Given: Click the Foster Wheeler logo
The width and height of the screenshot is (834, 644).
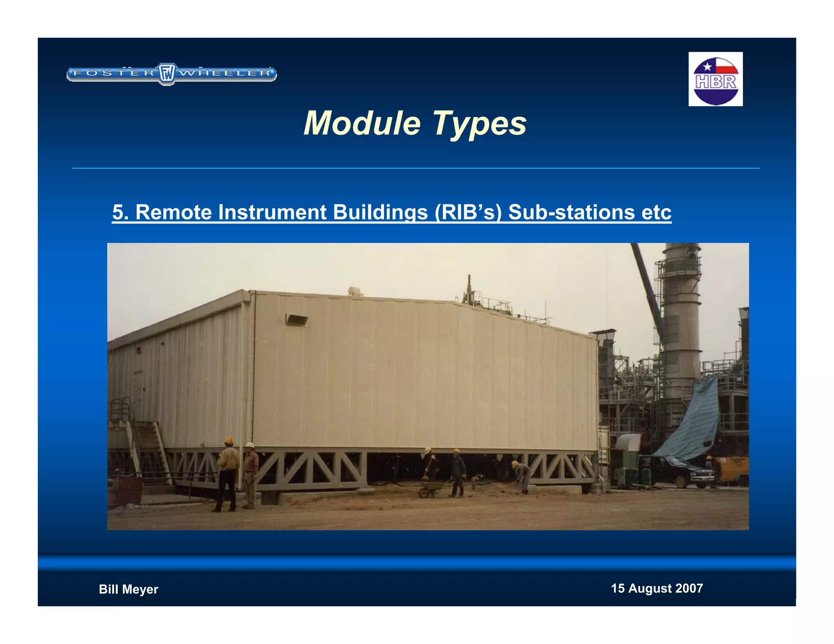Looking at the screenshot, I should tap(171, 74).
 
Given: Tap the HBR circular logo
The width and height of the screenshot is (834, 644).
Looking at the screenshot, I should tap(715, 80).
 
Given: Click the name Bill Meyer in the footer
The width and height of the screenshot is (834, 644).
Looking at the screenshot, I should tap(128, 589).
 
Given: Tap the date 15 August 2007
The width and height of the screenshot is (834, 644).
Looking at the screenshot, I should tap(656, 588).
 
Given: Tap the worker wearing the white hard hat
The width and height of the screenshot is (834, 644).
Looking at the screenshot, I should tap(250, 474).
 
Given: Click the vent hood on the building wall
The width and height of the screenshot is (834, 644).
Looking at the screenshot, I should tap(296, 320).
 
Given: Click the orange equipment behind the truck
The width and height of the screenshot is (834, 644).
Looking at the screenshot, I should tap(735, 470).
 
